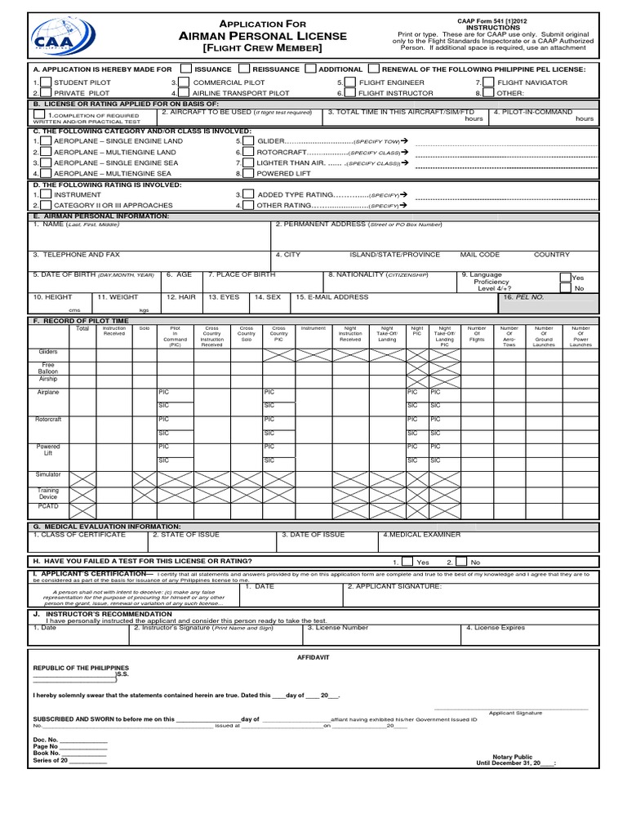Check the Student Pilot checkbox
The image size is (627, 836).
(x=45, y=83)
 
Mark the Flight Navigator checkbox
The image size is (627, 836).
(x=487, y=83)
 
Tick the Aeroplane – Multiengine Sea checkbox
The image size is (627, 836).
(x=45, y=173)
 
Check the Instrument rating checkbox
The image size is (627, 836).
(x=45, y=195)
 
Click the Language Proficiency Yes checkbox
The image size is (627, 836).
(x=566, y=278)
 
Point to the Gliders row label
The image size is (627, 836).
(x=48, y=351)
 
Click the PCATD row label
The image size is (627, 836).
(x=48, y=507)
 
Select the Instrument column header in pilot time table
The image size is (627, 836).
(x=313, y=328)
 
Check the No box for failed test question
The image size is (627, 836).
(x=462, y=562)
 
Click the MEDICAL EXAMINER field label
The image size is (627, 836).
(x=421, y=535)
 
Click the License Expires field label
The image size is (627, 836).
(x=496, y=628)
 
